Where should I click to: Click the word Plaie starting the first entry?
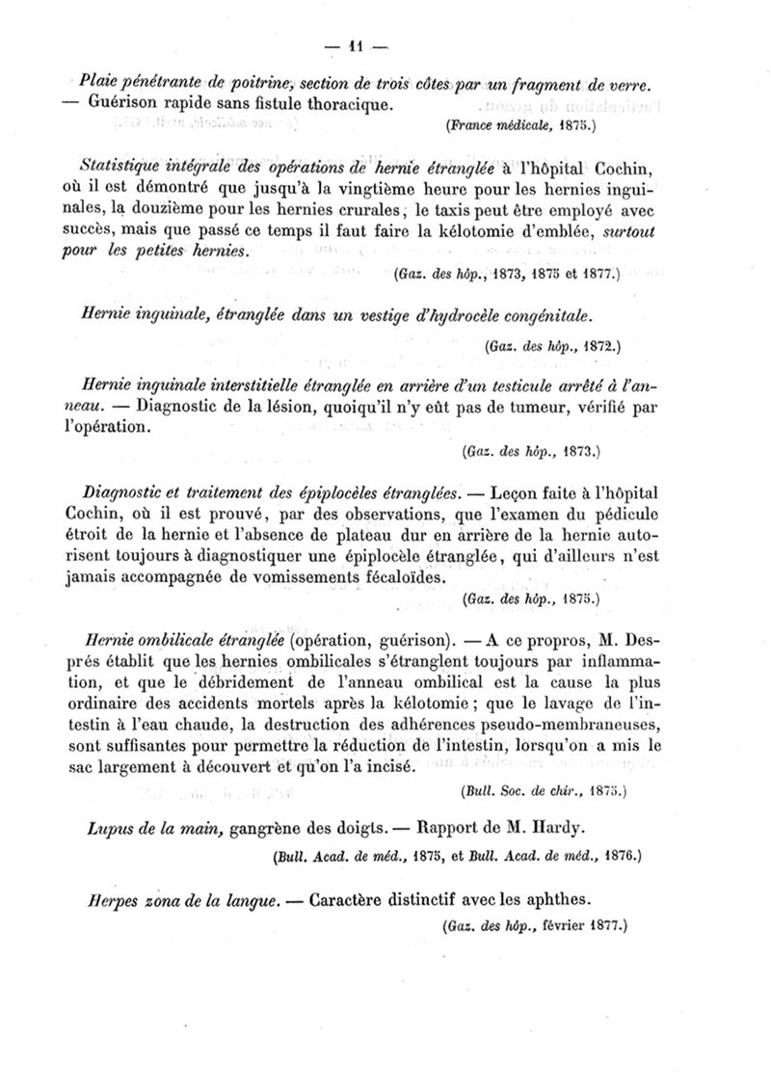point(100,82)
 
